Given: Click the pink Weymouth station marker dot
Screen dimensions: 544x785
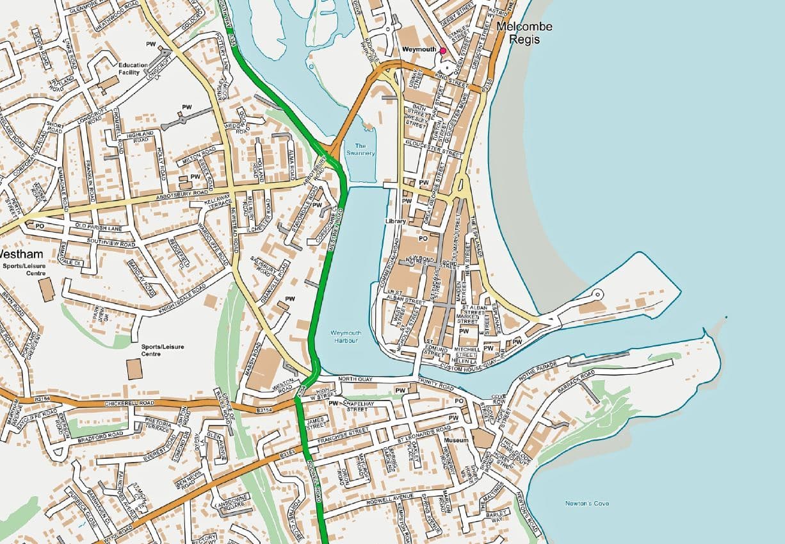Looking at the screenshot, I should [x=442, y=50].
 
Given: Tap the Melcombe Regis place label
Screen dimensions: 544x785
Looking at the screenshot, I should [x=524, y=33].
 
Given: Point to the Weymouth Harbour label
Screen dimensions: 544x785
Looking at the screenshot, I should [x=344, y=336].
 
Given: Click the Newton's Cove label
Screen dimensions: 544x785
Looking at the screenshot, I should [x=587, y=503].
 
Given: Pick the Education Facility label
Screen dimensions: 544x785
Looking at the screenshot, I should [x=133, y=69].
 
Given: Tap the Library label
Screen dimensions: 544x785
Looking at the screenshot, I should [x=396, y=221].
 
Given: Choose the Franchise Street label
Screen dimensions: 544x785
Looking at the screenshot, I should [x=347, y=433].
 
